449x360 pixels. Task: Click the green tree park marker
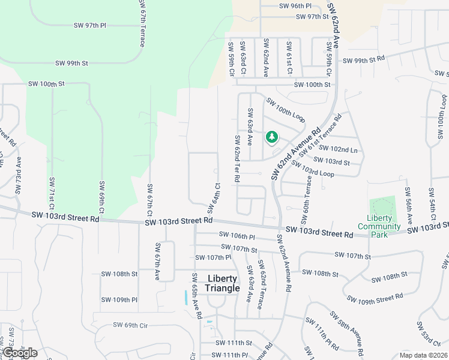point(272,137)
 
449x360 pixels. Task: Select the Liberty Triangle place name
point(222,283)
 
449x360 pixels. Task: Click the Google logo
point(19,353)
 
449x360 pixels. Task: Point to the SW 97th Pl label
point(89,26)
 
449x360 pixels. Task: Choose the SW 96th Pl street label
point(295,6)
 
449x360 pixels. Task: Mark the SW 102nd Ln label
point(337,148)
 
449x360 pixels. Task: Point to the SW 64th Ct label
point(212,198)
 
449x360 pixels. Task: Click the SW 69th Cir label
point(130,325)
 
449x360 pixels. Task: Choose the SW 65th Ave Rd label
point(196,296)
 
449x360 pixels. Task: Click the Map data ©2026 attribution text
point(423,355)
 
